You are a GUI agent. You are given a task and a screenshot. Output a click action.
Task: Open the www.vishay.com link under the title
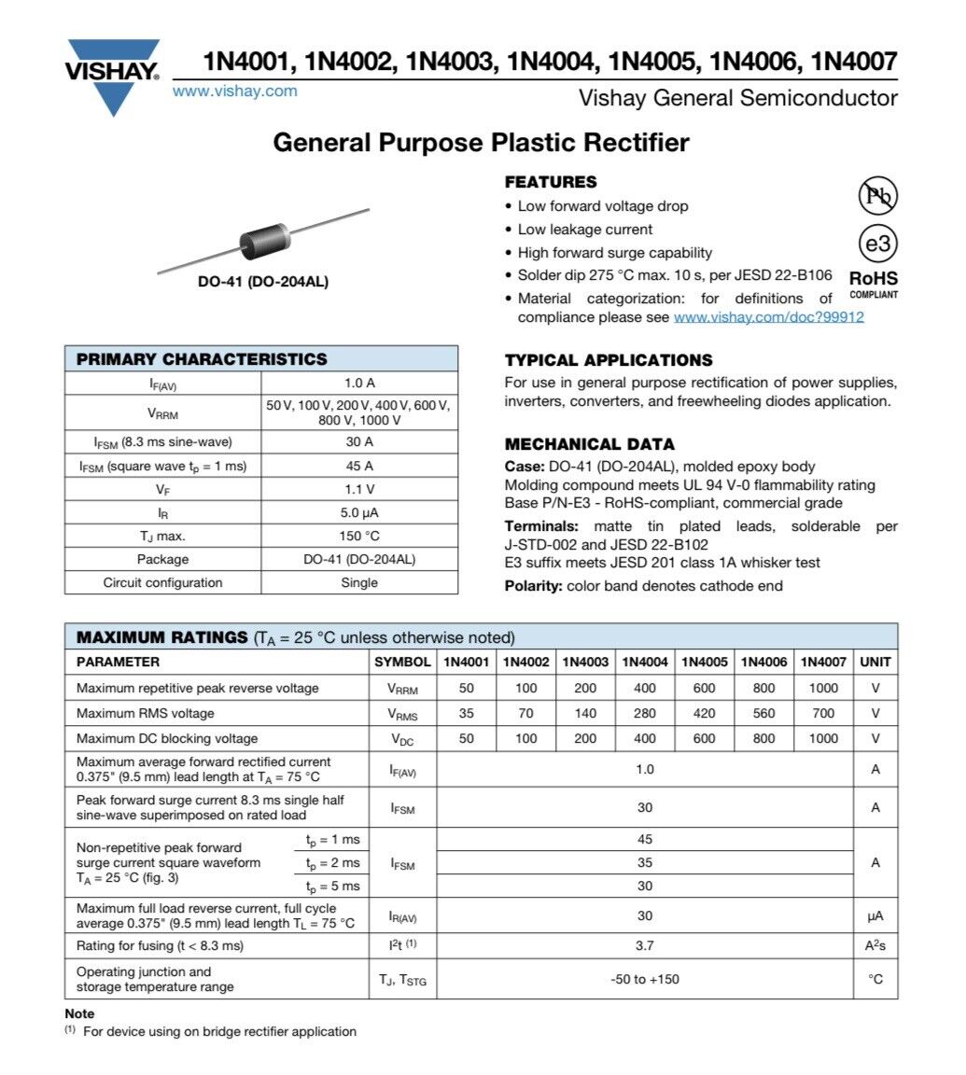tap(235, 91)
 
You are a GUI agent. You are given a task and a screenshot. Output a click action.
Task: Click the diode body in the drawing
tap(265, 241)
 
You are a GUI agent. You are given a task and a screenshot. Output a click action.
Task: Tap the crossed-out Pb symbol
tap(876, 195)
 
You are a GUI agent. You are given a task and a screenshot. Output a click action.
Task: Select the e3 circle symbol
tap(876, 244)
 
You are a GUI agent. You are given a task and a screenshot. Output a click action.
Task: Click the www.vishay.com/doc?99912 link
tap(768, 317)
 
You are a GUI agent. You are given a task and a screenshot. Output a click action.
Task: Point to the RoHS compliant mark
tap(873, 284)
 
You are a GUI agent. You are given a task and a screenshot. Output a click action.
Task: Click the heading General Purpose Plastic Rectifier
tap(481, 143)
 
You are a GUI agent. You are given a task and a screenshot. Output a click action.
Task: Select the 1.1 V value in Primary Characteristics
tap(359, 489)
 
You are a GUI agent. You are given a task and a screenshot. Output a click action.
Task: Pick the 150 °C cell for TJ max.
tap(359, 537)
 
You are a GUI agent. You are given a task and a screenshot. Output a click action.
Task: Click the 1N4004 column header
tap(645, 662)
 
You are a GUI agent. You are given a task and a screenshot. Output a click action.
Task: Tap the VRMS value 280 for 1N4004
tap(645, 714)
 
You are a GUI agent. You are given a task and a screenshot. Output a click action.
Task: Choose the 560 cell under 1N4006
tap(764, 714)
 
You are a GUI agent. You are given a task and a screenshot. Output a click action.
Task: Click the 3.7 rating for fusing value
tap(645, 945)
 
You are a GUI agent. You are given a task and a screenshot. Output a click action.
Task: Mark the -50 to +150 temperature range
tap(645, 979)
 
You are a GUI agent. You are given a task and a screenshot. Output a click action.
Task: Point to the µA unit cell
tap(875, 915)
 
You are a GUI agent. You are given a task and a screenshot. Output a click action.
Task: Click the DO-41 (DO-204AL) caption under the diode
tap(263, 282)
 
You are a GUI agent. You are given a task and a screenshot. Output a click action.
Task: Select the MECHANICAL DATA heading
tap(589, 444)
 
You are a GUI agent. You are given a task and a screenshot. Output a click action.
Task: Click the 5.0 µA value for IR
tap(359, 512)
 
